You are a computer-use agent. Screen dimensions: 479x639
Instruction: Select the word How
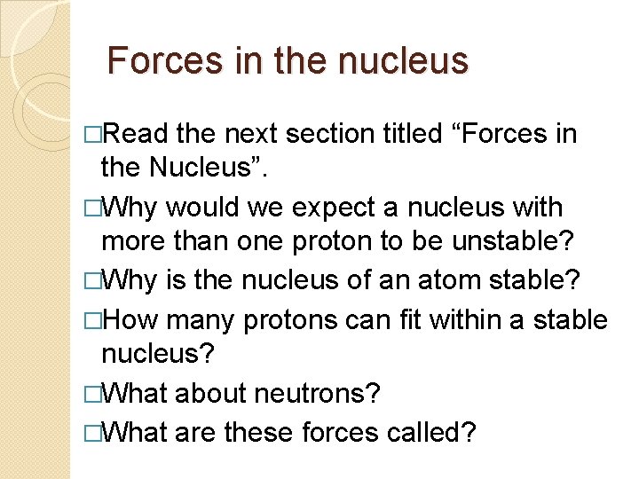click(x=130, y=318)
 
